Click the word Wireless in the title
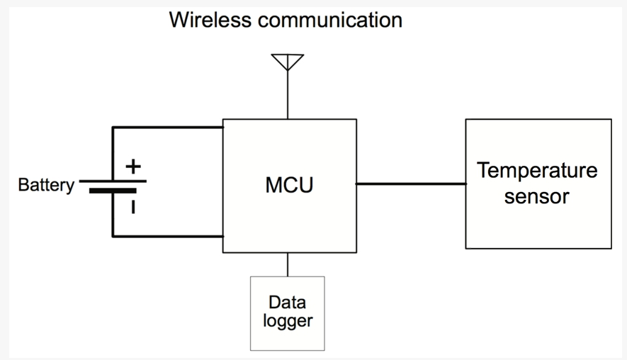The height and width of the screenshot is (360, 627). [210, 20]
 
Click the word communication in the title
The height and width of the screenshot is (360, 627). [330, 20]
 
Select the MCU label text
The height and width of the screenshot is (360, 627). [289, 185]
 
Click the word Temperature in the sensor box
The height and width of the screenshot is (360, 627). [537, 171]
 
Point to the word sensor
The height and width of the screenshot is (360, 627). [536, 196]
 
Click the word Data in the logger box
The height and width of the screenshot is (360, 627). [287, 303]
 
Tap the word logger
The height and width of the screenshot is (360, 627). [288, 322]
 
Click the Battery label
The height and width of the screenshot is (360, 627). [46, 185]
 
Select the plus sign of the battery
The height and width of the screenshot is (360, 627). [133, 167]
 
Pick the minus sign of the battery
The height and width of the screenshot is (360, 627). [133, 207]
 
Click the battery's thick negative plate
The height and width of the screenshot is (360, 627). [113, 191]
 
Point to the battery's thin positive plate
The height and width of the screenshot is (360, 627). [113, 181]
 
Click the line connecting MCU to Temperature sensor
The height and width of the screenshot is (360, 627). [411, 184]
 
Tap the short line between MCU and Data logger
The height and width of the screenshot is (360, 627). [288, 264]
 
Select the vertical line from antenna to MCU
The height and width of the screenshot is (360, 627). [288, 94]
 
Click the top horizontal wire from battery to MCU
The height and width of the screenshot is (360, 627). [167, 128]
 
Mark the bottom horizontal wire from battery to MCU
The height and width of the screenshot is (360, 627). [167, 237]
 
